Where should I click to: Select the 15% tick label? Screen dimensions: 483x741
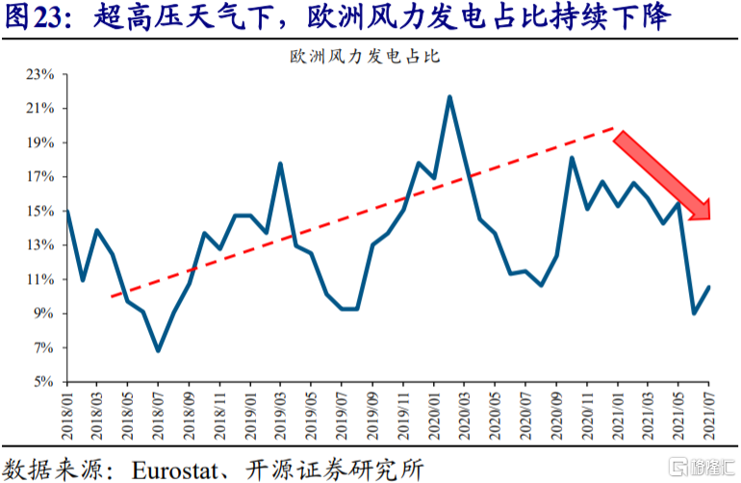click(40, 211)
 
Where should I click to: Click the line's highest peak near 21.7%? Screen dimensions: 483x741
click(449, 97)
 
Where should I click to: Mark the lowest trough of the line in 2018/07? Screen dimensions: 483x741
click(158, 350)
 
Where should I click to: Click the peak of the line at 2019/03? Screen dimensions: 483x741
click(280, 164)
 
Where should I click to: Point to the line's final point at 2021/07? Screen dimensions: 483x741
click(708, 287)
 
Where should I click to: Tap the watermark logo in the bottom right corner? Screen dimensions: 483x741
click(701, 467)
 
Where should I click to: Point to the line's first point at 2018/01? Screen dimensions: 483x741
click(67, 211)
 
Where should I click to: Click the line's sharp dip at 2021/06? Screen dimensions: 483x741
click(694, 313)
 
